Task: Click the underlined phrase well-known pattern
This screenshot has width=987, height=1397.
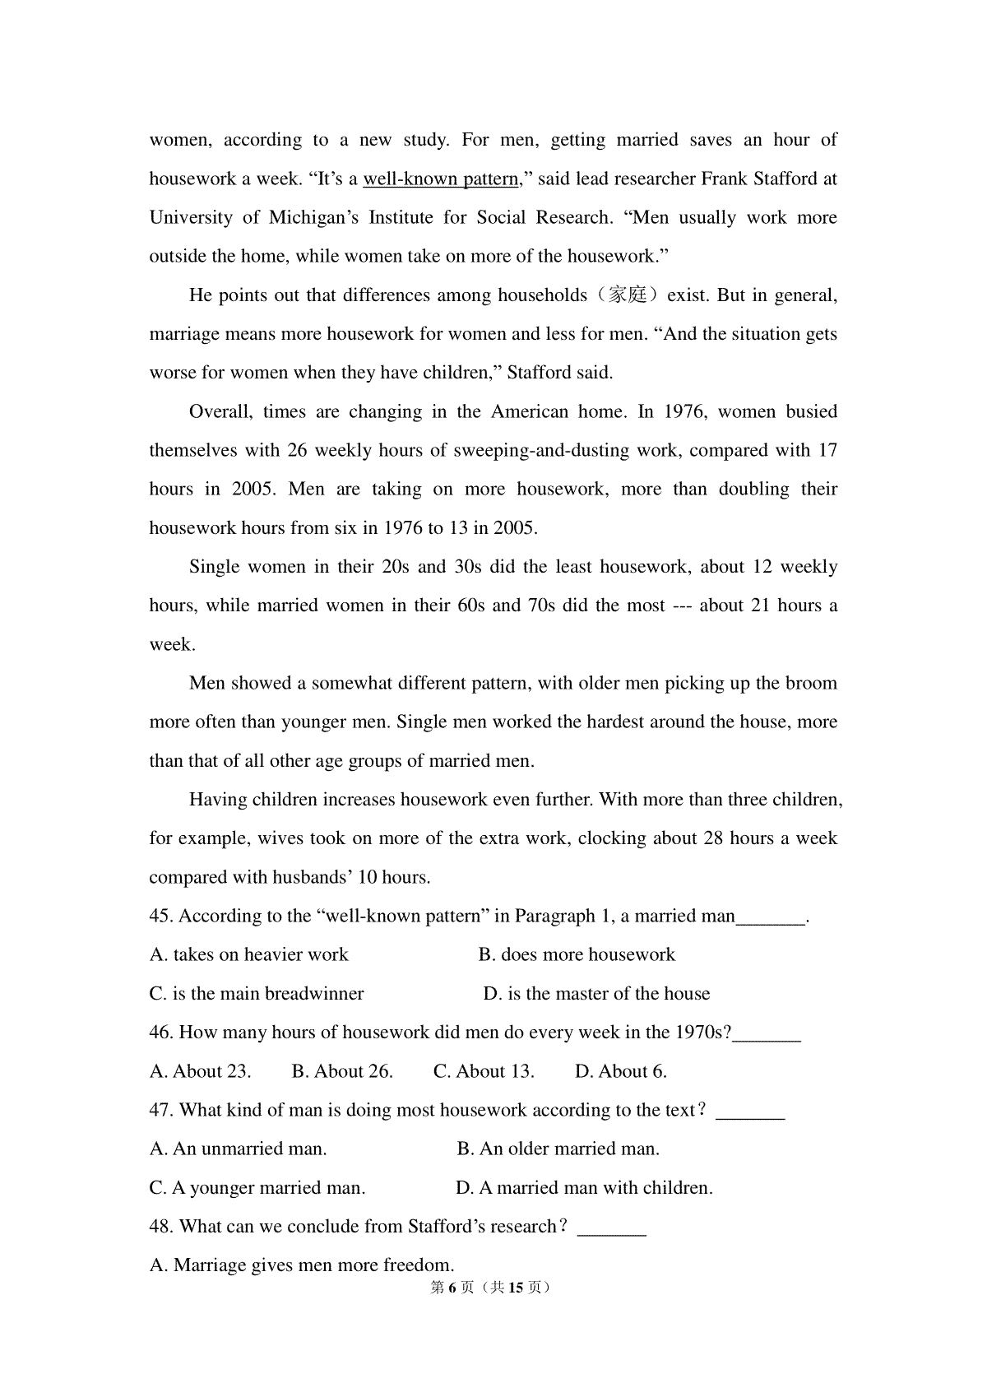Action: [x=440, y=179]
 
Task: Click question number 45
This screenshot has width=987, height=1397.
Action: [x=161, y=917]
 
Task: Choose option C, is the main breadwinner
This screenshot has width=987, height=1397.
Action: [x=257, y=994]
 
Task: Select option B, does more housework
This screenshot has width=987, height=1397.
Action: [x=577, y=955]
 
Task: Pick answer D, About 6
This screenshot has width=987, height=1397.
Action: [x=621, y=1072]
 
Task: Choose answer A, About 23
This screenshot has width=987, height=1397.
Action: [x=201, y=1072]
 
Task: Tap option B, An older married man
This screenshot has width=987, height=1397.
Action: [x=558, y=1149]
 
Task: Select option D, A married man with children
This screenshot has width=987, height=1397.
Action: [x=584, y=1188]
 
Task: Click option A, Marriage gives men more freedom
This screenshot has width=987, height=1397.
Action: [x=302, y=1265]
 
